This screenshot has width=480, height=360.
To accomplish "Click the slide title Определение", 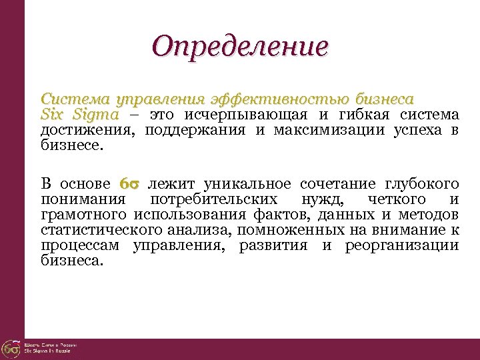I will tap(239, 47).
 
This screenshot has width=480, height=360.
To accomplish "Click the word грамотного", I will tap(83, 214).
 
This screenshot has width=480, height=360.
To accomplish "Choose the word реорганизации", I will tap(401, 245).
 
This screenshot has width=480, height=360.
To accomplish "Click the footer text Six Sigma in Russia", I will tap(50, 351).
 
